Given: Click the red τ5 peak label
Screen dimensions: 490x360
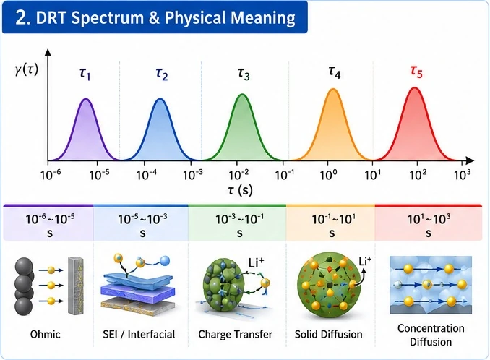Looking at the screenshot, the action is coord(416,72).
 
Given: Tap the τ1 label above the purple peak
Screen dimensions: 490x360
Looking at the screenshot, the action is coord(85,74).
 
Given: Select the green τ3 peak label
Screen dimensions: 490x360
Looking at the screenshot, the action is coord(244,74).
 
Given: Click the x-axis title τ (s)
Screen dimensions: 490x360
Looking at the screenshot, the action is coord(240,189).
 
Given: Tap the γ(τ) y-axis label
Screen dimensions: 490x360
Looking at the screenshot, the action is coord(27,69).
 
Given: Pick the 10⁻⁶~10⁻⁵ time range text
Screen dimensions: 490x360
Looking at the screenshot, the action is coord(50,225).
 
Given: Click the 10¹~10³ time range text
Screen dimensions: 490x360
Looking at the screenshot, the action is coord(429,225).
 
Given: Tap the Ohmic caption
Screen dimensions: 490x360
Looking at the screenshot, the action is coord(45,335).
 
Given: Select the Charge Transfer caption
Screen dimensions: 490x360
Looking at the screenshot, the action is coord(236,335).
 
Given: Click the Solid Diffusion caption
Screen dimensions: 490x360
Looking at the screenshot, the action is coord(328,335).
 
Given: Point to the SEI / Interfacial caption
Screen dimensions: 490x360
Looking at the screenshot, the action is coord(139,335).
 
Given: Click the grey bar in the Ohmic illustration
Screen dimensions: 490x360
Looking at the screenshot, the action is coord(76,286).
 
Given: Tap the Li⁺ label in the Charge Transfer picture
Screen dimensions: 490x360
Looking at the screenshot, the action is coord(256,263).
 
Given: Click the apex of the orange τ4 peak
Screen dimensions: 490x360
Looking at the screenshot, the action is coord(333,90).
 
